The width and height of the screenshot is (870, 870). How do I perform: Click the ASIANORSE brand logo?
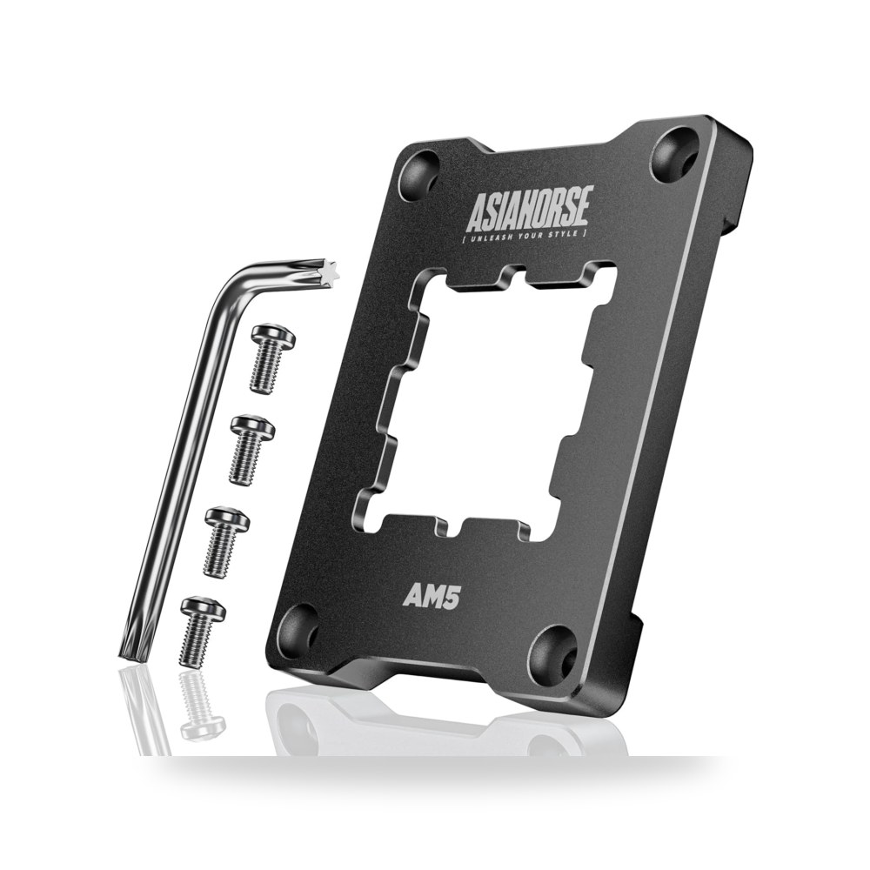[x=531, y=208]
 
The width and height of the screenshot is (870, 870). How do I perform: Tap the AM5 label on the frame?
[x=432, y=597]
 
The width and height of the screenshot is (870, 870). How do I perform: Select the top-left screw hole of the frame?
[x=419, y=173]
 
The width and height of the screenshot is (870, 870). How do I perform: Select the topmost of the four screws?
[x=271, y=358]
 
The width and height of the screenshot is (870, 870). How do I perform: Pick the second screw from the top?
[x=251, y=450]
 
